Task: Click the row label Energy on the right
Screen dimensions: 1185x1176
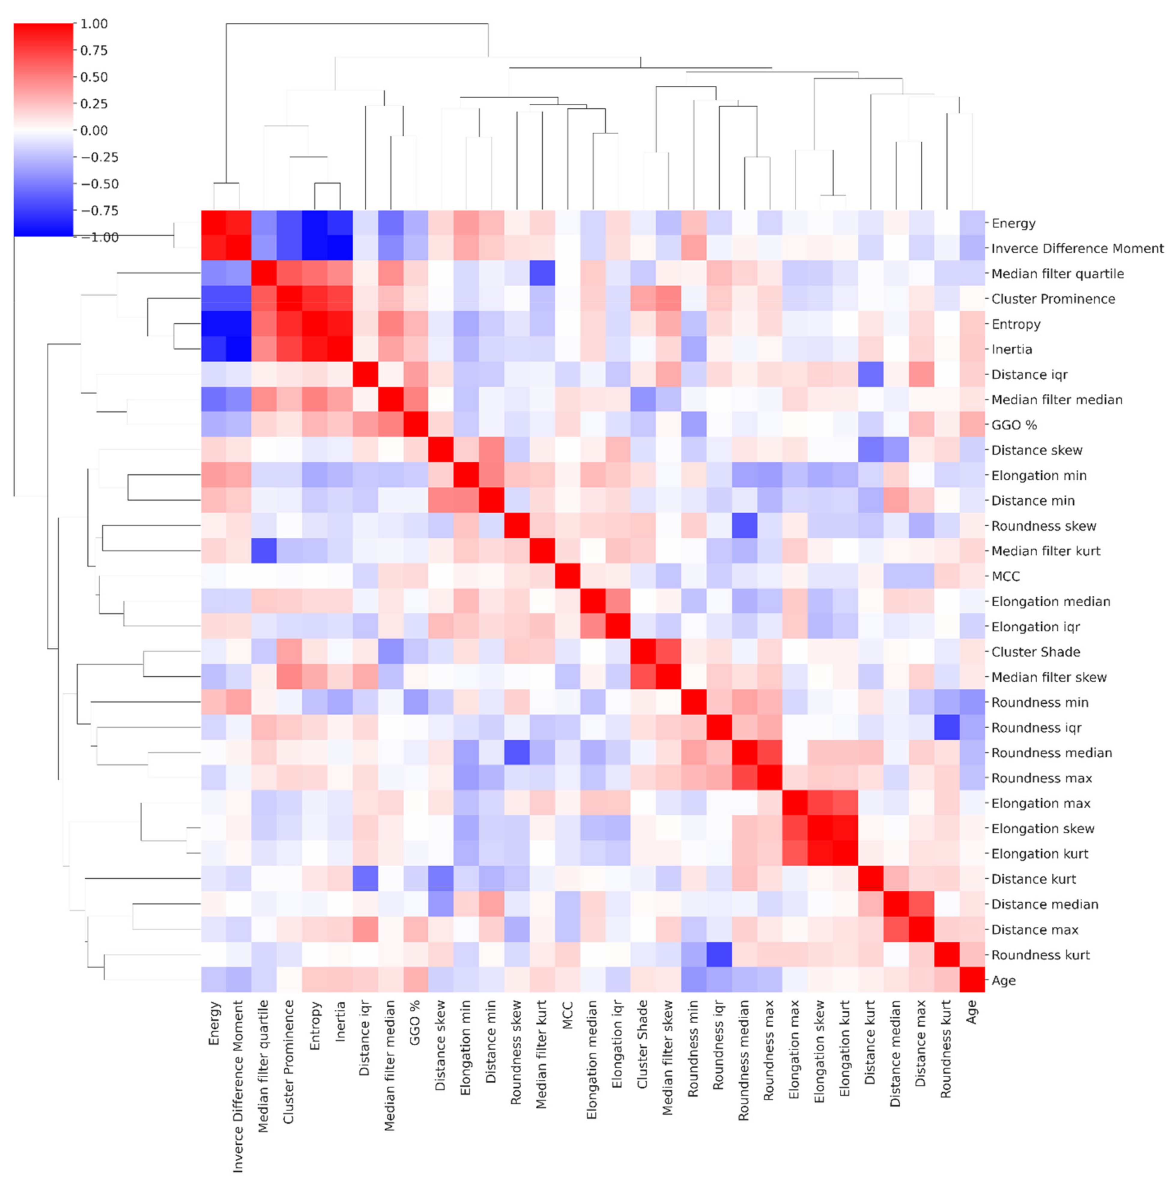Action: pyautogui.click(x=1013, y=223)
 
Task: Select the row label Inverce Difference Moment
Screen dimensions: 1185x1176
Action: pyautogui.click(x=1077, y=248)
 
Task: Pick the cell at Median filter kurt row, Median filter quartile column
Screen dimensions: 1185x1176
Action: pyautogui.click(x=264, y=551)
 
